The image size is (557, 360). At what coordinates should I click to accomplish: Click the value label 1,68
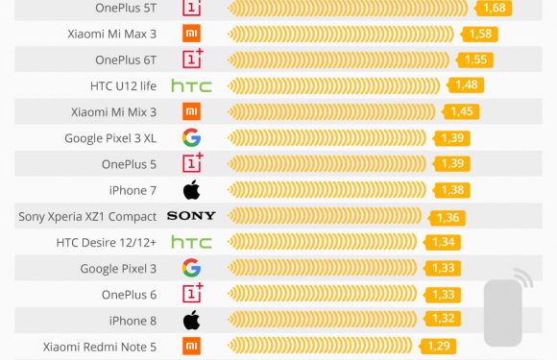pos(495,8)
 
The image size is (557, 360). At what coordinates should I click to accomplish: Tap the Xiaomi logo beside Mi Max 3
pos(192,34)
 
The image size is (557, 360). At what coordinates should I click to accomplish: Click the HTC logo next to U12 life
pos(191,85)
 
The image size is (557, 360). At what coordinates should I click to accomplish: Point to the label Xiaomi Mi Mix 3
pos(113,111)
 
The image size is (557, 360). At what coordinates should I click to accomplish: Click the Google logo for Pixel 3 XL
pos(192,137)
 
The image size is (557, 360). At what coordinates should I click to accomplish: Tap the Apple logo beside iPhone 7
pos(192,189)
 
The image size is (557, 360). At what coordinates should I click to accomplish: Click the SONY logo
pos(191,216)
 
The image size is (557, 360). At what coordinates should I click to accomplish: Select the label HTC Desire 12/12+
pos(106,242)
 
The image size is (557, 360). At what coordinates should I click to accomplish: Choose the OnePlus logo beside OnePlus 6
pos(193,293)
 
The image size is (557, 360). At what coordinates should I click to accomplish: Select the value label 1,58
pos(480,34)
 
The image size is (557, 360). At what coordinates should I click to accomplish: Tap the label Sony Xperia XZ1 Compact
pos(87,216)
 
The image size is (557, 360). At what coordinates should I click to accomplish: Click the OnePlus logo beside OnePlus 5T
pos(193,8)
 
